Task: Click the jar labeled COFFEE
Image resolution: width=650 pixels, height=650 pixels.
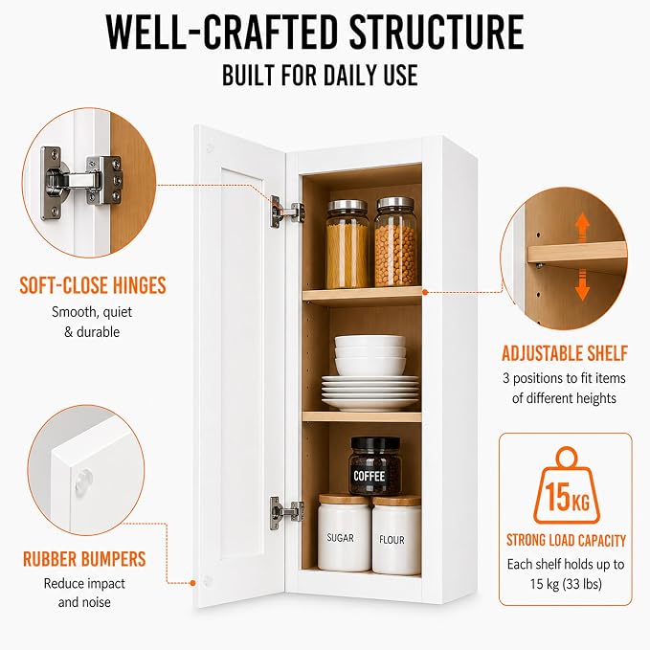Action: coord(375,466)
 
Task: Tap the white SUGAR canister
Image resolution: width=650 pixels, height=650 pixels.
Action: coord(344,532)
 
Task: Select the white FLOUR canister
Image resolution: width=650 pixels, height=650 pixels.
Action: coord(396,535)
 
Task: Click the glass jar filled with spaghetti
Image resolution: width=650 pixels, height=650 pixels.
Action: coord(347,244)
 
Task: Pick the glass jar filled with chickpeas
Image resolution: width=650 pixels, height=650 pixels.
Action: coord(395,241)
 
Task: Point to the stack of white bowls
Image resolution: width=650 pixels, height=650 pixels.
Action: coord(370,355)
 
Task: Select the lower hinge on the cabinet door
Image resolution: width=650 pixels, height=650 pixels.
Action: coord(286,513)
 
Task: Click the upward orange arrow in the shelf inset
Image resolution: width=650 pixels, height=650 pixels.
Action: coord(582,227)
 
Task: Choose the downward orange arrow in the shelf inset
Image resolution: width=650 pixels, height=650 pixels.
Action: coord(582,285)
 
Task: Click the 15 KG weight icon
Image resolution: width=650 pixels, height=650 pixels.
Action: coord(567,486)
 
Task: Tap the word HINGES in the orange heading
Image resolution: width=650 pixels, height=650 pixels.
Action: coord(140,285)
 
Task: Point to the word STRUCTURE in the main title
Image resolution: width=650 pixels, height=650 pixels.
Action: coord(437,32)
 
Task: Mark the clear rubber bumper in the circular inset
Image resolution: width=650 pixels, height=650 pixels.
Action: coord(84,482)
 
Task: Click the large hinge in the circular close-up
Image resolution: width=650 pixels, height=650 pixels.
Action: coord(81,182)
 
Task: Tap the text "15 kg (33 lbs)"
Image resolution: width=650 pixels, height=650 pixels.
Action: coord(566,584)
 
